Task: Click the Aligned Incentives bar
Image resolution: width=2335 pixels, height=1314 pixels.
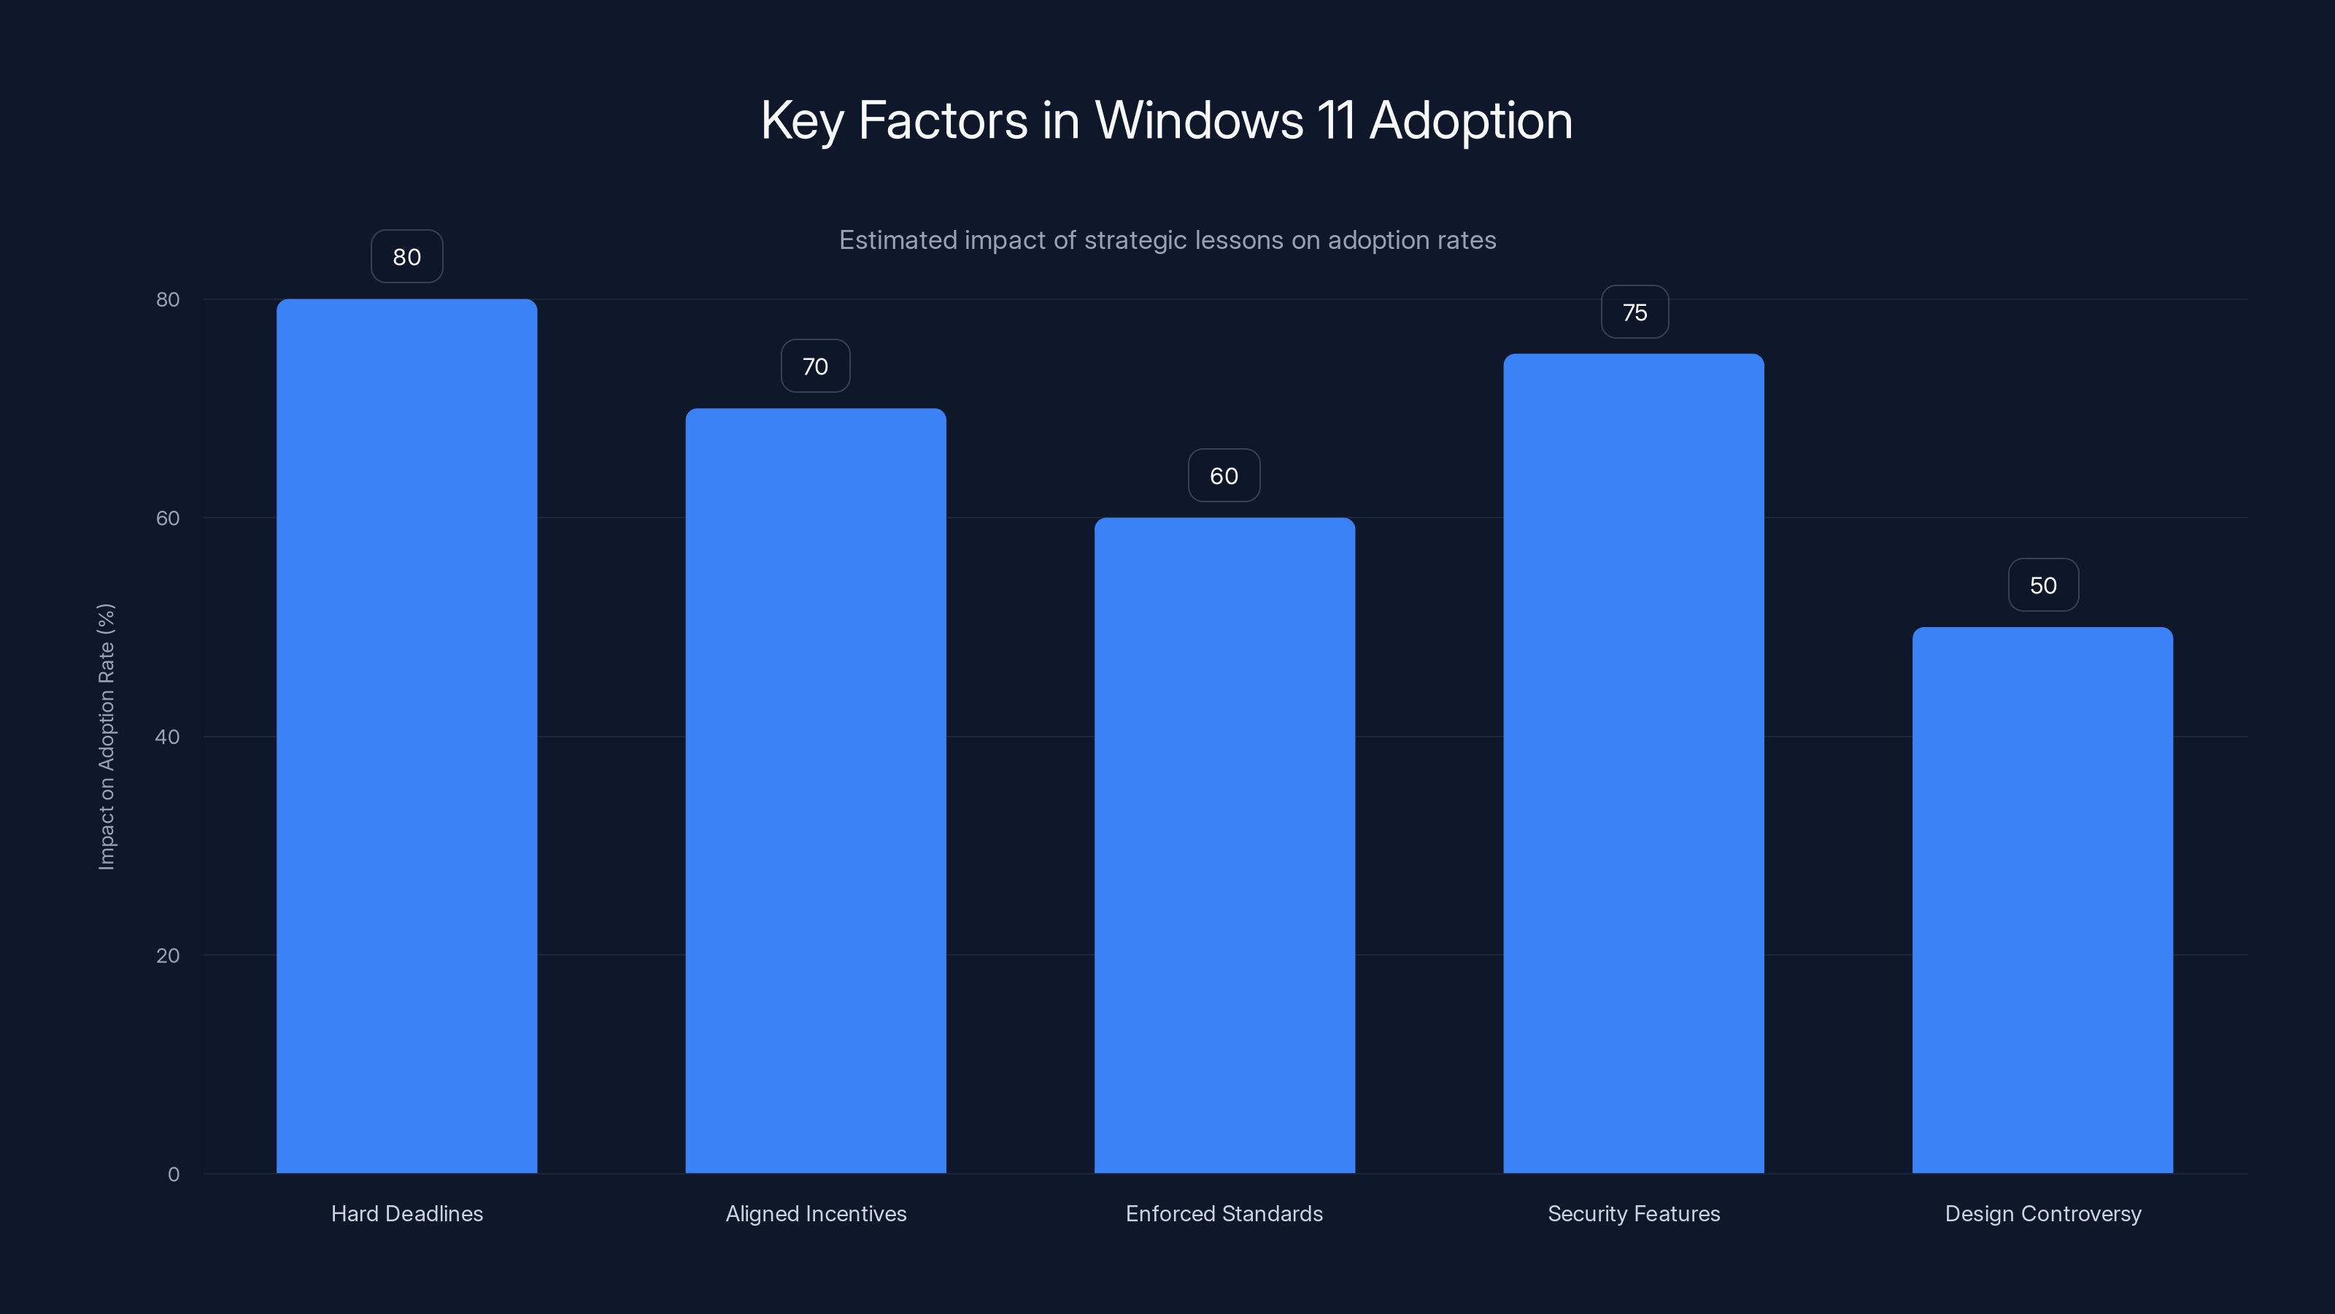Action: [815, 790]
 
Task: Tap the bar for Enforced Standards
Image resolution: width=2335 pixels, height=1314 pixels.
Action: [1224, 845]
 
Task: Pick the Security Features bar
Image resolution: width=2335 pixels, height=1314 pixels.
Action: [1634, 763]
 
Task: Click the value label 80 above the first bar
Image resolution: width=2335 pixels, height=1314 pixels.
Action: [406, 257]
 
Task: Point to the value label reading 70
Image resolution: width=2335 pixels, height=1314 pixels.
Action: [815, 366]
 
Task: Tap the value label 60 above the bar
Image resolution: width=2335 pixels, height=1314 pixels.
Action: [1224, 476]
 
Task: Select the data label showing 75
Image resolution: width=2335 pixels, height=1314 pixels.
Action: [1634, 313]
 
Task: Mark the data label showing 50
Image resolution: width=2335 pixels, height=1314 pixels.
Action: [2042, 585]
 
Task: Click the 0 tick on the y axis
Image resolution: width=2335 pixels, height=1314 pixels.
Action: [173, 1175]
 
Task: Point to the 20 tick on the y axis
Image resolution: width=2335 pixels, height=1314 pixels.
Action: [168, 956]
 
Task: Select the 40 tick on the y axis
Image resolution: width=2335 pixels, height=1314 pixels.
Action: [168, 737]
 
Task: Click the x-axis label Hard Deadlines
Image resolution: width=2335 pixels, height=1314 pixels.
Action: [406, 1213]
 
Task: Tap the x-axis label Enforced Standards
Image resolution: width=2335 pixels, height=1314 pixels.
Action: [1224, 1213]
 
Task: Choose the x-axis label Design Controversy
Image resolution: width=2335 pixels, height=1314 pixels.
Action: [2042, 1213]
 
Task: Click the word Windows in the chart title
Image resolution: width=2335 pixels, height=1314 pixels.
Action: [1198, 120]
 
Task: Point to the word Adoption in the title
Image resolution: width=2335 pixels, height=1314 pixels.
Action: [1470, 120]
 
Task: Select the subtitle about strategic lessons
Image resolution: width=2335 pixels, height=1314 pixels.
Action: [1167, 240]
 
